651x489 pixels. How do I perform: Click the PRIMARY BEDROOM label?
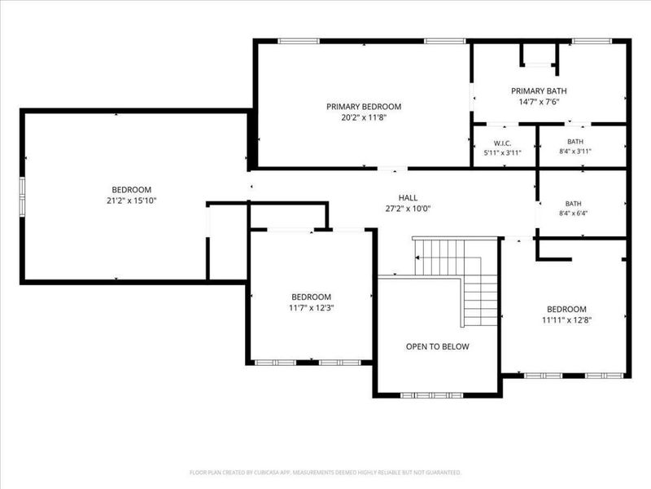(364, 107)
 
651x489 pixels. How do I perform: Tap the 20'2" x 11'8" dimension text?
(364, 117)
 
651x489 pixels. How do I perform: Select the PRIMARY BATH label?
(539, 91)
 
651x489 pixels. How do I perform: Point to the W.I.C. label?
(502, 143)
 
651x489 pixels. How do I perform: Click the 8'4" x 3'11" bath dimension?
(575, 152)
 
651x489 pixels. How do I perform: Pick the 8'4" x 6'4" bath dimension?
(574, 214)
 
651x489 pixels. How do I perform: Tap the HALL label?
(409, 198)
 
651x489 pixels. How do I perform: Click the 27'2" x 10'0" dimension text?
(408, 209)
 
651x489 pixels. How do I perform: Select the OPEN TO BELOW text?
(438, 347)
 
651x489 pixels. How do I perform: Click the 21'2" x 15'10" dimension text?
(132, 200)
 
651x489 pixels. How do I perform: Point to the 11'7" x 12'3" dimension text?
(312, 308)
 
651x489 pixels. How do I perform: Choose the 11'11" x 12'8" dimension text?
(566, 320)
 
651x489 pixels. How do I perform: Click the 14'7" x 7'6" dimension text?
(539, 102)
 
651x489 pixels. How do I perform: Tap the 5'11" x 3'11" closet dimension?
(502, 152)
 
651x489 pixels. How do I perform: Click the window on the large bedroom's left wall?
(22, 197)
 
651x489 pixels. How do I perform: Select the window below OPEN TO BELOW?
(431, 395)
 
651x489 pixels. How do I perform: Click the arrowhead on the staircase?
(417, 258)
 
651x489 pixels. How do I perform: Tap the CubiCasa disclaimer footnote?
(325, 473)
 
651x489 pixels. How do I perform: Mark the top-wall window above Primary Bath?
(592, 41)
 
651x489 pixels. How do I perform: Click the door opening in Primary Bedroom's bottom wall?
(392, 169)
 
